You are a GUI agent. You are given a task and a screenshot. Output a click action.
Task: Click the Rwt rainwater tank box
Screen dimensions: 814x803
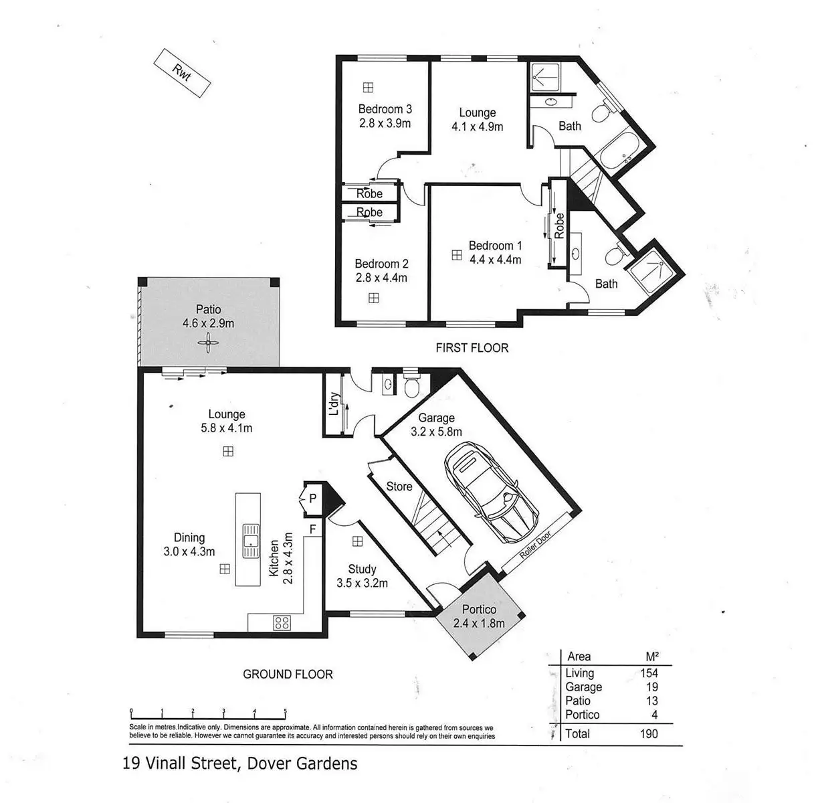[x=182, y=73]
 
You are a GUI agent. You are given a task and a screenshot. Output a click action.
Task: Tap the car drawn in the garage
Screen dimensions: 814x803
[x=491, y=492]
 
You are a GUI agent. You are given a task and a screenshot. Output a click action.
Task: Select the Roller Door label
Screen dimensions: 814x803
[x=535, y=545]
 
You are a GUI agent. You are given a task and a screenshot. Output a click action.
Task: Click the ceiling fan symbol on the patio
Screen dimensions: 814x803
[x=208, y=343]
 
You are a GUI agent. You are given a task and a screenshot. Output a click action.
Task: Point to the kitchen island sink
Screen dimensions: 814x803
[x=250, y=541]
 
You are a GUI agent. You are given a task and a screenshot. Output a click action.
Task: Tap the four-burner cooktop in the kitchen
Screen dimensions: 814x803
[x=282, y=622]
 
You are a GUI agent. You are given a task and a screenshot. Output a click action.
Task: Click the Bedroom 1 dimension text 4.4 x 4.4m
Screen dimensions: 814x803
[x=495, y=260]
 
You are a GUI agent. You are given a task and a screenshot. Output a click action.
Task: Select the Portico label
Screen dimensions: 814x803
[x=479, y=609]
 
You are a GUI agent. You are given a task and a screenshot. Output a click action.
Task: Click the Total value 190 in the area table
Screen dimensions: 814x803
[x=649, y=733]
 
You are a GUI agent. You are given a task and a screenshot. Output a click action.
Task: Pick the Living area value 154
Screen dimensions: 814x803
[x=649, y=673]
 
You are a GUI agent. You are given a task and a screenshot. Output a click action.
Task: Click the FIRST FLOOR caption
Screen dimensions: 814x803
[x=472, y=348]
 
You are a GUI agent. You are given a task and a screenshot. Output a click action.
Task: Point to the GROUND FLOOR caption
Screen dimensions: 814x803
[x=288, y=674]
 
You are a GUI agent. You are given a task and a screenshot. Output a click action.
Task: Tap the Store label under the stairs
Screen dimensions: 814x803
[x=399, y=486]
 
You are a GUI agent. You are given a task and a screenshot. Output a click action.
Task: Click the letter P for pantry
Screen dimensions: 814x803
[x=312, y=499]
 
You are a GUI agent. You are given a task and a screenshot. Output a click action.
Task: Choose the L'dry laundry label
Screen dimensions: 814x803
[x=334, y=404]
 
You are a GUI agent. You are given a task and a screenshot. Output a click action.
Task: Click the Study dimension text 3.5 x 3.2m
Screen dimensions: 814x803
[x=362, y=584]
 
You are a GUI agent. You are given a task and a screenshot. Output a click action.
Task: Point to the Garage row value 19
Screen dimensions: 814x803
[x=651, y=687]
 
